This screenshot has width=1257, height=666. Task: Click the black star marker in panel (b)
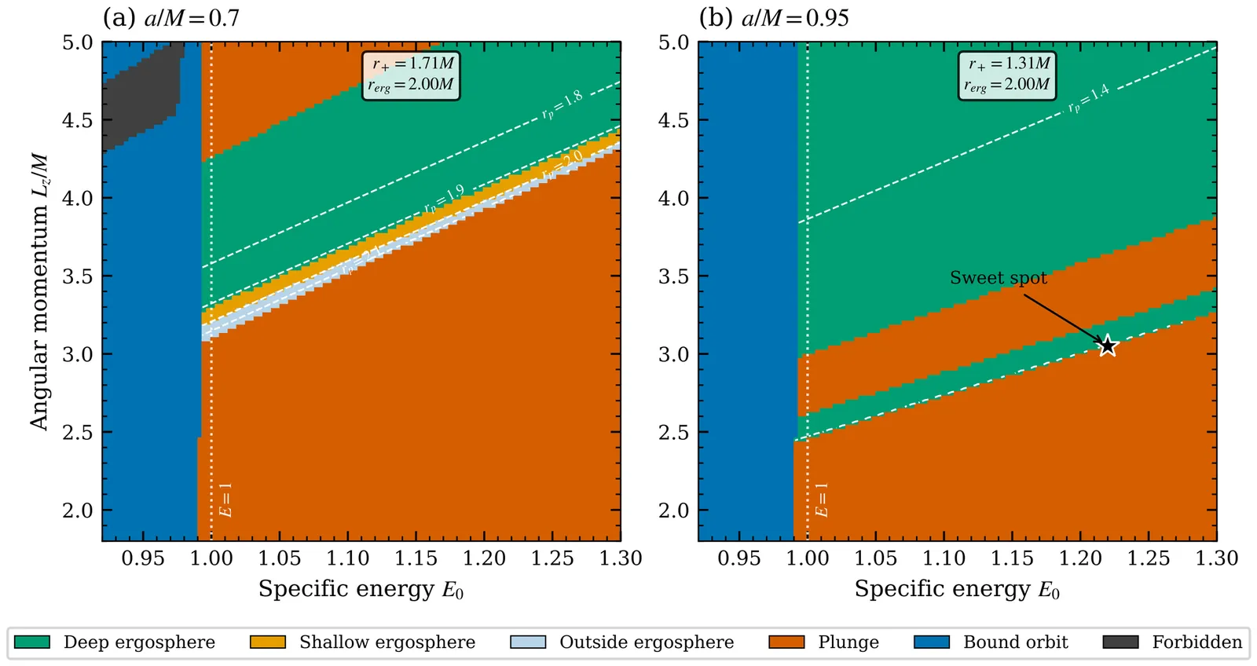point(1107,346)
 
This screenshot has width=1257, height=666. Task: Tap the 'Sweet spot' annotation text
point(998,278)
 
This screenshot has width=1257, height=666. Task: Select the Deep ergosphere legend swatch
point(32,642)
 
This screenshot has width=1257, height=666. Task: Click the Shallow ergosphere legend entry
point(362,642)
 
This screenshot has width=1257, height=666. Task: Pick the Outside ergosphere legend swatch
point(528,642)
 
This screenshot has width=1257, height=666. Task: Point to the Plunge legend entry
point(824,642)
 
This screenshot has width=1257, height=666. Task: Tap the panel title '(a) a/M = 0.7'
point(171,17)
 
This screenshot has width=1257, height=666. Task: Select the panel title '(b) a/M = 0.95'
point(774,17)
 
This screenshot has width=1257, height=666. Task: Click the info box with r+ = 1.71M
point(411,75)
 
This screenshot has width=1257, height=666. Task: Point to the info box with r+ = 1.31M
point(1007,75)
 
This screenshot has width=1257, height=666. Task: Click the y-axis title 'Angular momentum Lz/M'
point(39,291)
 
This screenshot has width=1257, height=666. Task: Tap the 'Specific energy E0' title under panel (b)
point(957,590)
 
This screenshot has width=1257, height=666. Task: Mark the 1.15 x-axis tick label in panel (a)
point(416,558)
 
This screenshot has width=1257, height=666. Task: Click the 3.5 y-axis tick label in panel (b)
point(673,277)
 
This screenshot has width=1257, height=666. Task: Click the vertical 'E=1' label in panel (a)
point(225,500)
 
